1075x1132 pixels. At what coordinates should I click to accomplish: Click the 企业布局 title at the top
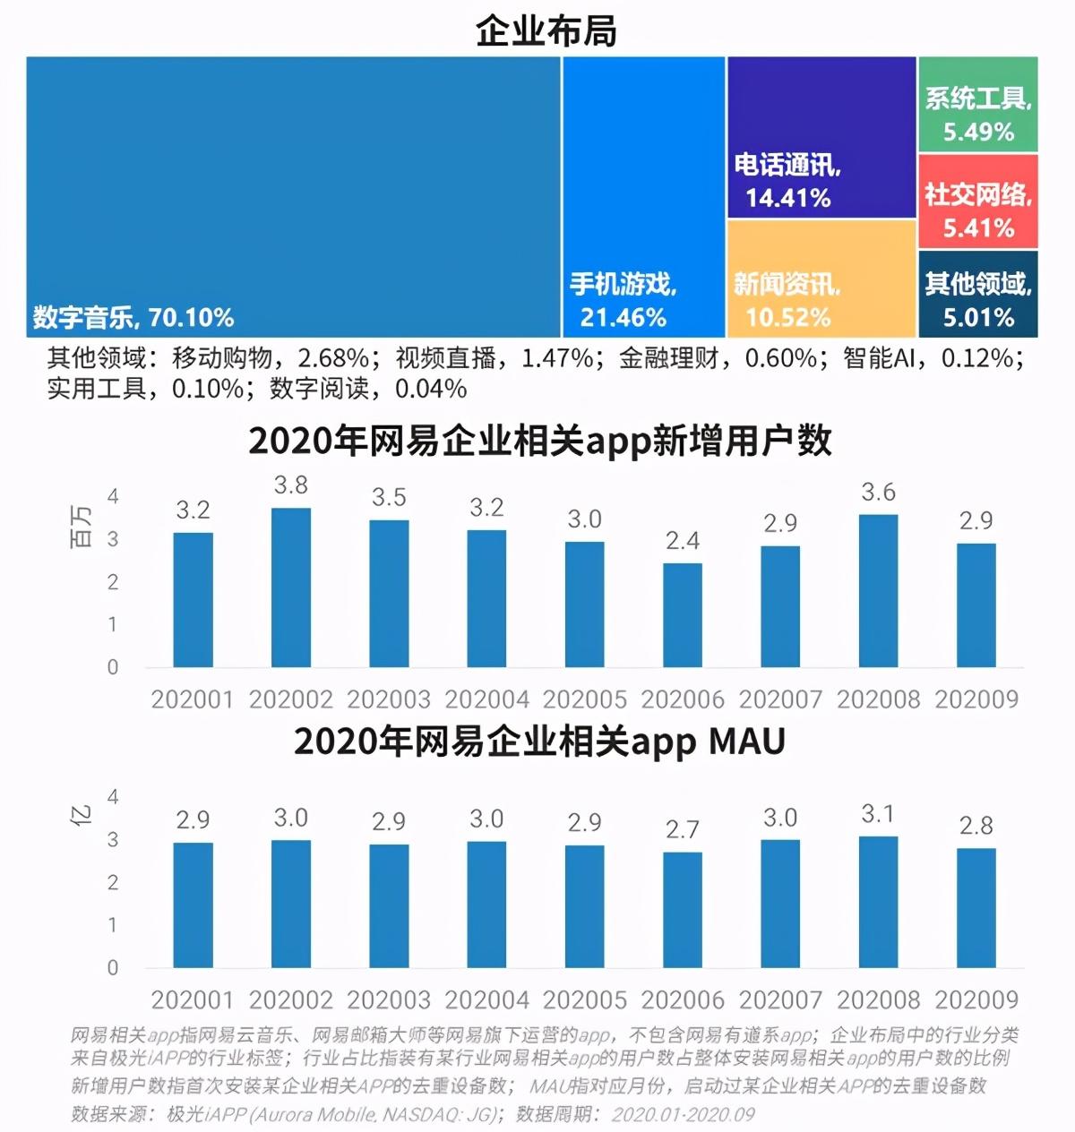pos(546,31)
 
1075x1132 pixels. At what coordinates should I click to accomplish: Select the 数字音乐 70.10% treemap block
pos(293,197)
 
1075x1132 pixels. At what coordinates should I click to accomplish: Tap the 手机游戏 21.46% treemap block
pos(643,197)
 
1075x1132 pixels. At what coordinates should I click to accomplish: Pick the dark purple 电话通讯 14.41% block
pos(821,138)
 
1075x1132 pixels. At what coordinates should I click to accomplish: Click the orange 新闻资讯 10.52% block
pos(821,279)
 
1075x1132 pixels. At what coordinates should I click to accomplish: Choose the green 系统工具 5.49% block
pos(977,105)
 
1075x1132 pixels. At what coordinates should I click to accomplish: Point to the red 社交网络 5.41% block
pos(977,202)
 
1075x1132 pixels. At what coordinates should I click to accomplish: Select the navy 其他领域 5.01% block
pos(977,294)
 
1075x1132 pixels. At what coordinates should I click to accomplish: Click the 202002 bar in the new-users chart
pos(291,587)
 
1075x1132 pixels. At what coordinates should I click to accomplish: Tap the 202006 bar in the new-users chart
pos(683,615)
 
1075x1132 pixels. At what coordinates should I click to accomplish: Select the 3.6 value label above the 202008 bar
pos(878,493)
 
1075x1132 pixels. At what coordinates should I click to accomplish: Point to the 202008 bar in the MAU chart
pos(878,902)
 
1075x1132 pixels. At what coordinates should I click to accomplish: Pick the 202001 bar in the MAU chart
pos(193,905)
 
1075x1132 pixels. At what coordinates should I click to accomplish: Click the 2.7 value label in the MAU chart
pos(683,829)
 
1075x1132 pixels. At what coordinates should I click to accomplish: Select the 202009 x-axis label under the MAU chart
pos(976,999)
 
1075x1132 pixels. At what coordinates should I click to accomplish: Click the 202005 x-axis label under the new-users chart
pos(585,699)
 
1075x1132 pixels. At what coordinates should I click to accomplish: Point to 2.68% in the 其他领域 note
pos(333,358)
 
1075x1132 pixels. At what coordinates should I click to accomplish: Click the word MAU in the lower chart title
pos(746,742)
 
